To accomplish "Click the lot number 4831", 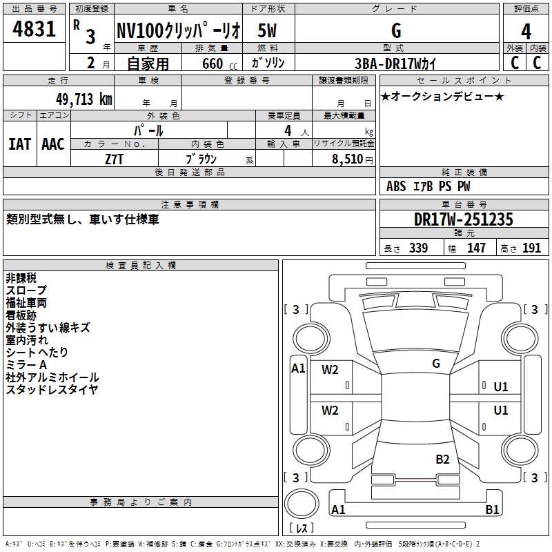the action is coord(34,29).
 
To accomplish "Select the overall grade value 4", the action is coord(526,32).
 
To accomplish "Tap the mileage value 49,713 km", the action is coord(83,99).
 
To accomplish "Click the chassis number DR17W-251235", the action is coord(463,219).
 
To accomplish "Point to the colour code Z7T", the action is coord(114,159).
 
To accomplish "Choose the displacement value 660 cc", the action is coord(219,63).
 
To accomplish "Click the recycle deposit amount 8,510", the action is coord(347,159).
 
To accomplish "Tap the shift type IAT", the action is coord(20,144).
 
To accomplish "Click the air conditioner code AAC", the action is coord(53,144).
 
